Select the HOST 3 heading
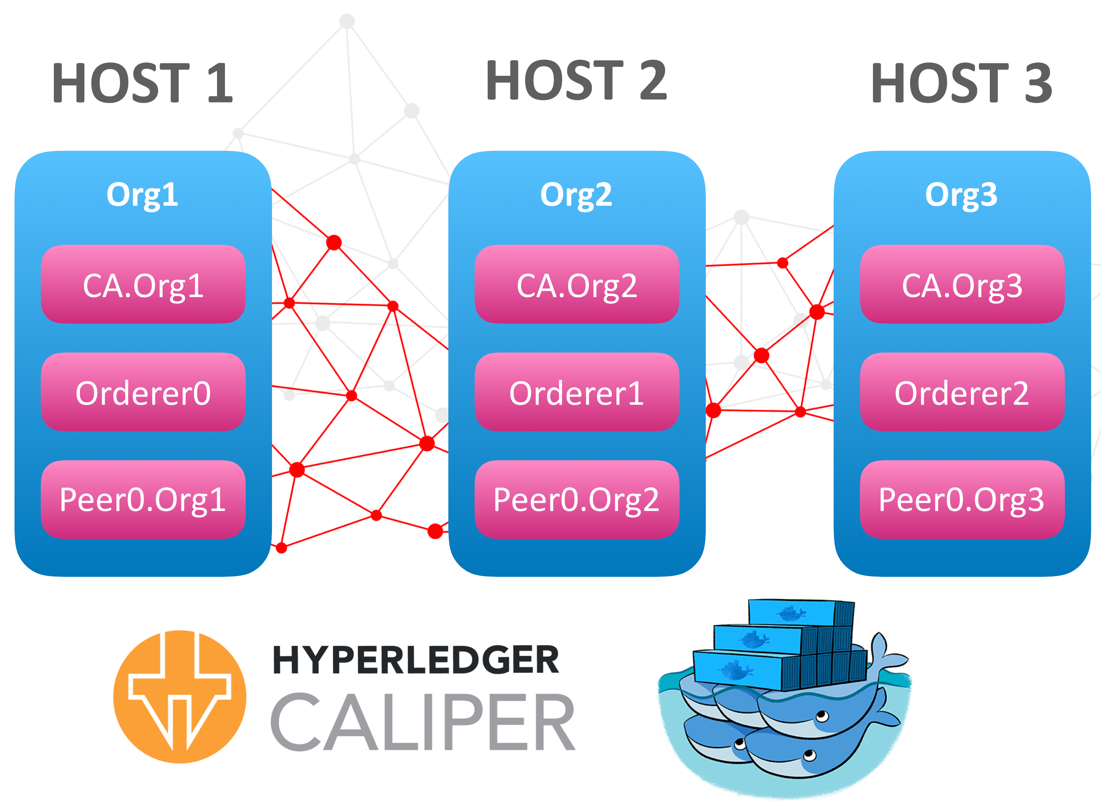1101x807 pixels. [x=961, y=84]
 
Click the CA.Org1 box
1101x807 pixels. [x=143, y=284]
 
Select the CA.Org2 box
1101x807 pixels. [x=577, y=284]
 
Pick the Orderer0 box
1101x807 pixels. [x=143, y=392]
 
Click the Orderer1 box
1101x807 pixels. [x=577, y=392]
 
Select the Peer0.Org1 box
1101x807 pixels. [x=143, y=499]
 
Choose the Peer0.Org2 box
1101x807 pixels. [x=577, y=499]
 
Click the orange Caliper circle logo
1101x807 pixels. [x=180, y=697]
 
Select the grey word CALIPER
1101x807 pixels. [x=423, y=722]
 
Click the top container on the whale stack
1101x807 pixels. [x=801, y=613]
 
